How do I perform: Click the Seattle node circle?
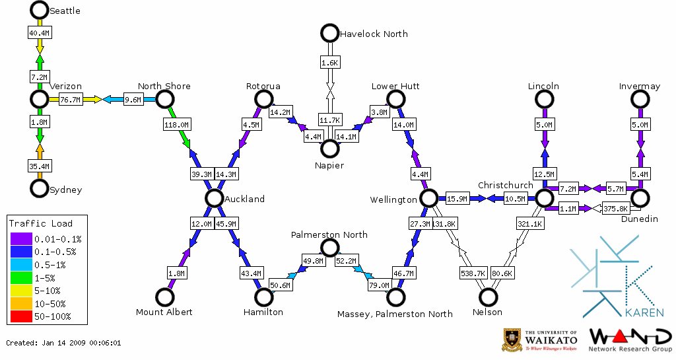coord(39,10)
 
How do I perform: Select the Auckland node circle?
coord(213,198)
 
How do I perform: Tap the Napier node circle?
coord(329,148)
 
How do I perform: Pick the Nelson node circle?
coord(488,297)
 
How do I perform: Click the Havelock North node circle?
coord(329,32)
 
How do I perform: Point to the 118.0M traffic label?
coord(176,124)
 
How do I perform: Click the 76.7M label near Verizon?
coord(70,100)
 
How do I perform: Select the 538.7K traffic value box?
coord(473,272)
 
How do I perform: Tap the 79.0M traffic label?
coord(379,285)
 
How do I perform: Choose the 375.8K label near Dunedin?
coord(616,209)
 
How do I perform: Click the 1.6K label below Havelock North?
coord(329,63)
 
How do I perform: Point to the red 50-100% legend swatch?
coord(20,316)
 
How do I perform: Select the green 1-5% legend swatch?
coord(20,277)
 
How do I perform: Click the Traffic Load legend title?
coord(41,223)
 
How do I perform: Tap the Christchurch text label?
coord(505,185)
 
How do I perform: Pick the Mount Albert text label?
coord(164,312)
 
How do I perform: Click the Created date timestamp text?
coord(63,343)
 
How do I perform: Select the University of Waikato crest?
coord(514,340)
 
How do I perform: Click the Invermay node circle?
coord(640,99)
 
